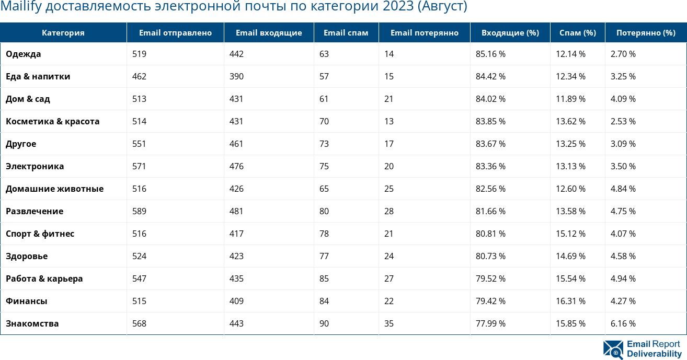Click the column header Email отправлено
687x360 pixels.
tap(175, 33)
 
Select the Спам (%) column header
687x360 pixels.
tap(577, 33)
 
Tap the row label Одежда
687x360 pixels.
tap(24, 54)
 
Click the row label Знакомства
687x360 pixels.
tap(32, 323)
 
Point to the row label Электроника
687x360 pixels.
tap(35, 166)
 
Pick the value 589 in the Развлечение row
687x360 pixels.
tap(139, 211)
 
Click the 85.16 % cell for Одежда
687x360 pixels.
tap(490, 54)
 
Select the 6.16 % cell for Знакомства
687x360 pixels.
tap(623, 323)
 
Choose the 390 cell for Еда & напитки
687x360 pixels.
tap(236, 76)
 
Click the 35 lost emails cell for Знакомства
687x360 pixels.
tap(389, 323)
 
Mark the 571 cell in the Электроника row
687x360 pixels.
tap(139, 166)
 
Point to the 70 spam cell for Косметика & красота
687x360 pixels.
tap(324, 121)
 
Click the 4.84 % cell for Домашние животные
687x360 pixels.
tap(623, 189)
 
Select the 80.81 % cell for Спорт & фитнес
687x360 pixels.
tap(490, 234)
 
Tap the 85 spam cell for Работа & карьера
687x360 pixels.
tap(324, 278)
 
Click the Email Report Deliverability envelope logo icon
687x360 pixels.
tap(613, 350)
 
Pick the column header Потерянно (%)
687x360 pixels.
tap(646, 33)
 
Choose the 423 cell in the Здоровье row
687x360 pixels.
tap(236, 256)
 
